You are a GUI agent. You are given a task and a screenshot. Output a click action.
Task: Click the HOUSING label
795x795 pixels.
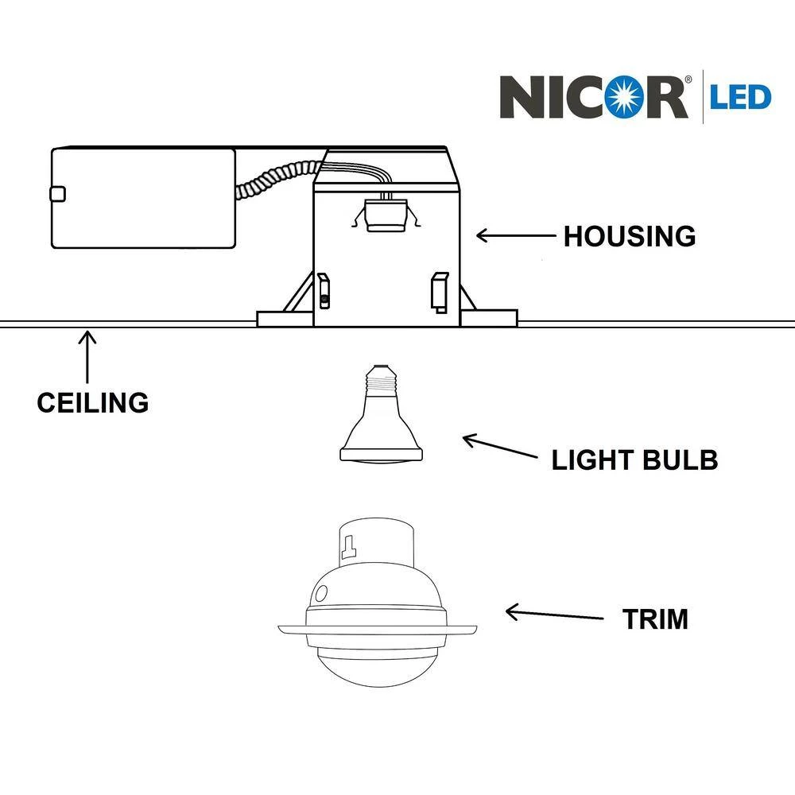[630, 236]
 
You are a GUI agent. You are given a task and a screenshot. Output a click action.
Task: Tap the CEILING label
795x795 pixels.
[92, 402]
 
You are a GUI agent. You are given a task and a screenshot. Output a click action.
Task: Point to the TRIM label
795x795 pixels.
[655, 619]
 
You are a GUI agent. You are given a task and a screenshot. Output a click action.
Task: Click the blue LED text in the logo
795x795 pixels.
[740, 97]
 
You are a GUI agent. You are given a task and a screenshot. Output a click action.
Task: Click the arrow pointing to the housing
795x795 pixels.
[514, 235]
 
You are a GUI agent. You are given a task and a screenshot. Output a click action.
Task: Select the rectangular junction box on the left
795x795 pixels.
[143, 197]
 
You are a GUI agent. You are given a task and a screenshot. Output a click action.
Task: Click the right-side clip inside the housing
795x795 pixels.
[438, 291]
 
